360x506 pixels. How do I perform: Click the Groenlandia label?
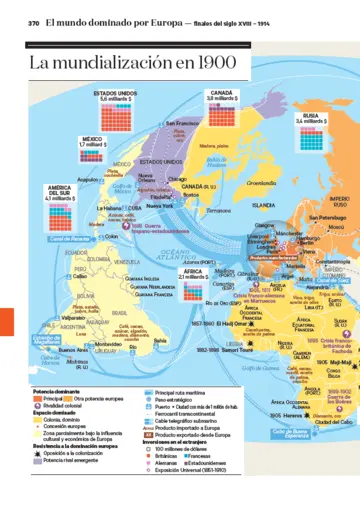261,183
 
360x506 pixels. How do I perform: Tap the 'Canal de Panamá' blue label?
68,239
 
